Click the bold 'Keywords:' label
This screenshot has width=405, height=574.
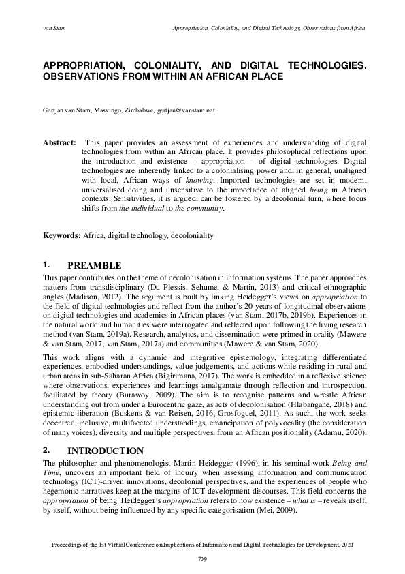(x=62, y=235)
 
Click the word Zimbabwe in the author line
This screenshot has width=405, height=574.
(x=140, y=109)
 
